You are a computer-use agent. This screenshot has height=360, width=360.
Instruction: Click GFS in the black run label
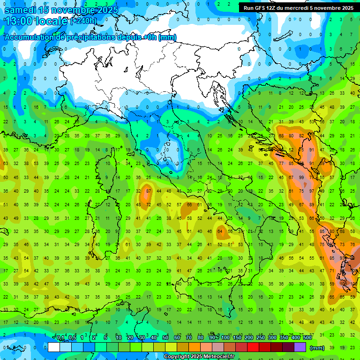259,8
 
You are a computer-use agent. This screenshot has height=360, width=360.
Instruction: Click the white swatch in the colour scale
54,347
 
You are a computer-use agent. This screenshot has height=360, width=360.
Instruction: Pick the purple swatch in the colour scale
300,347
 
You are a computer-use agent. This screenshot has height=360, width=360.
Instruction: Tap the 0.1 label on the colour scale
60,338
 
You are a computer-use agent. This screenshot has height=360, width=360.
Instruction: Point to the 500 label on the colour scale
307,338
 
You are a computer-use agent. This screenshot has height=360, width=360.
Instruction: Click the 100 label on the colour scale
225,338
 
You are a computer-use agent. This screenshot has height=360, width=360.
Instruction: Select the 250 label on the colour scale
260,338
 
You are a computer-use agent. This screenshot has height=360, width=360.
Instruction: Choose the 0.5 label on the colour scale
72,338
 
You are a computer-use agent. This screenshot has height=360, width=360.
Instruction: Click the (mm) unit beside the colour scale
317,348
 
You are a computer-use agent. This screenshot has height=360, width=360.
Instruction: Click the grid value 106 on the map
344,284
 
